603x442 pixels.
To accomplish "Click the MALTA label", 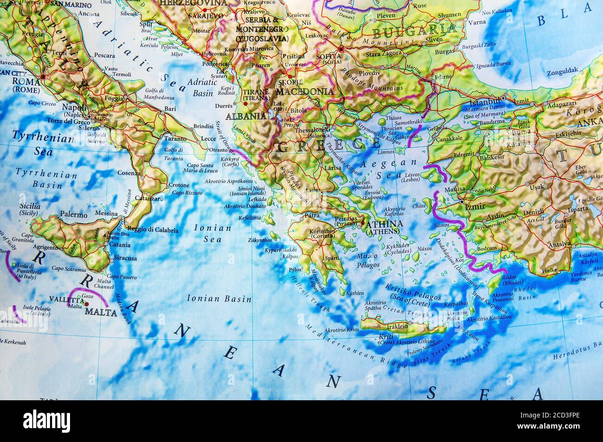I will click(101, 313).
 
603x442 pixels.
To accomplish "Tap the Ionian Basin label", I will click(219, 299).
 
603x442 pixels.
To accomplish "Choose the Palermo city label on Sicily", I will click(74, 215).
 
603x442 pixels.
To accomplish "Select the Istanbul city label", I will click(485, 102).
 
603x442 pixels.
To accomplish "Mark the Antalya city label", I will click(559, 244).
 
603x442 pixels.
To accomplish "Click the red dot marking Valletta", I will click(87, 304).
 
